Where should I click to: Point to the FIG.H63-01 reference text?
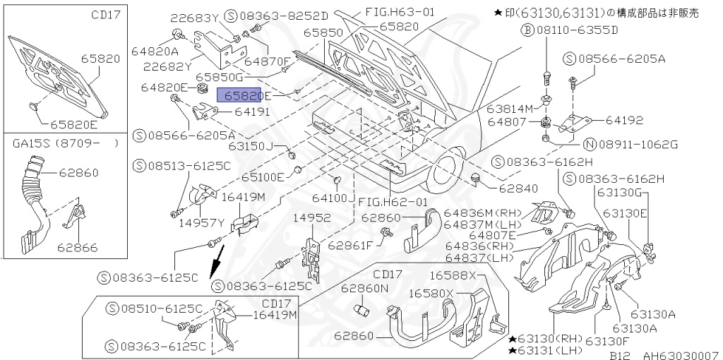[x=400, y=12]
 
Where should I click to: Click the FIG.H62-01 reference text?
[x=393, y=201]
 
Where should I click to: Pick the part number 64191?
[x=253, y=112]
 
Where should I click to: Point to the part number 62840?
[x=518, y=188]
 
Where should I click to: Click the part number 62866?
[x=78, y=248]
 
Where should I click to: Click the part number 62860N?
[x=365, y=288]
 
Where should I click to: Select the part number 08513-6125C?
[x=188, y=166]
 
